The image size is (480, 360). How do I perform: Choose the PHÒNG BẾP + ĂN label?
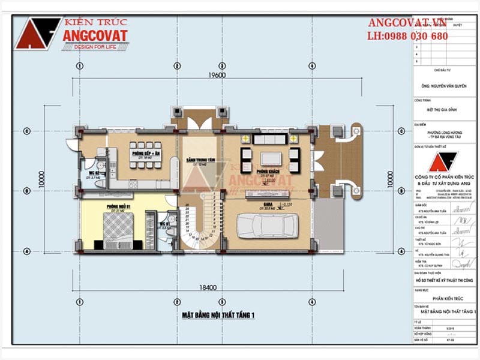coord(146,154)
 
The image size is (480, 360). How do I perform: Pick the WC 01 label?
coord(163,224)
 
